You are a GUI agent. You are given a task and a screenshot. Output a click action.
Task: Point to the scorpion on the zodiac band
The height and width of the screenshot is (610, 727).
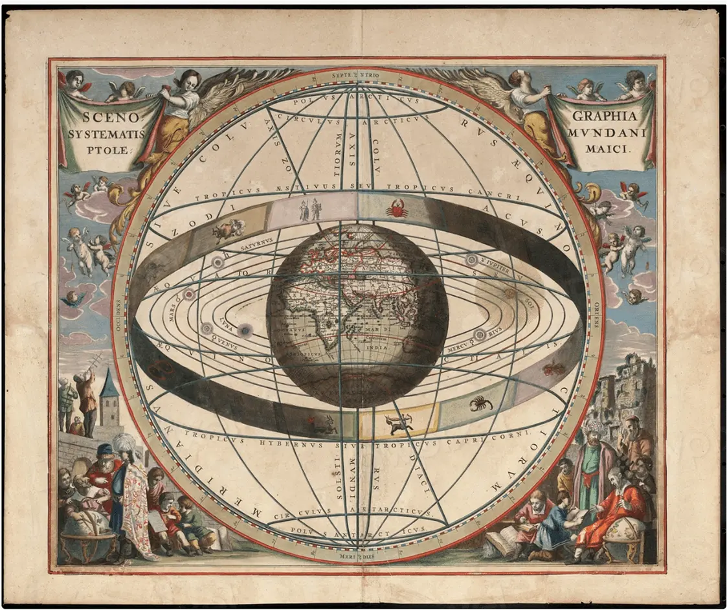pos(480,403)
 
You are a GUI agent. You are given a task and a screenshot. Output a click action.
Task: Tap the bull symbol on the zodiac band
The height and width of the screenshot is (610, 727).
pos(229,229)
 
